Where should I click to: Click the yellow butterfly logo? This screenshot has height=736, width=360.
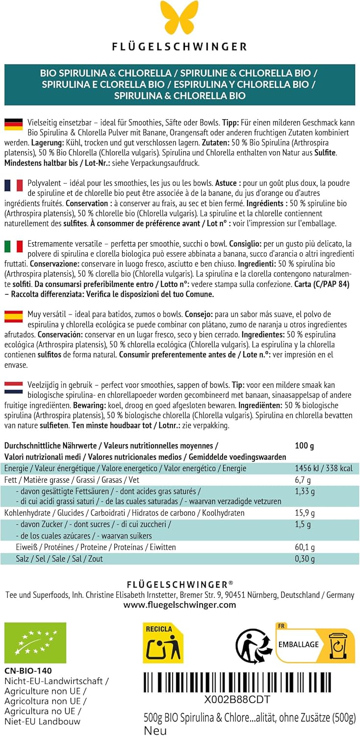click(x=180, y=18)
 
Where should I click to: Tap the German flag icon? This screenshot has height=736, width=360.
click(x=13, y=125)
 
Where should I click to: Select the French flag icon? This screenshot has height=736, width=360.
click(x=13, y=185)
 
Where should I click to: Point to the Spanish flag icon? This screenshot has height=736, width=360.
click(x=13, y=315)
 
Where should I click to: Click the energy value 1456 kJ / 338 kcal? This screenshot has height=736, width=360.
click(x=323, y=468)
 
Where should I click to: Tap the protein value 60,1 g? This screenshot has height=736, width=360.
click(x=305, y=547)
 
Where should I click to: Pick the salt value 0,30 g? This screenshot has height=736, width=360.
click(x=305, y=558)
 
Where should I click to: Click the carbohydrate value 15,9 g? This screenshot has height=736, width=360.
click(x=305, y=513)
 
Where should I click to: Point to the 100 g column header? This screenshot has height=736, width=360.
click(x=304, y=446)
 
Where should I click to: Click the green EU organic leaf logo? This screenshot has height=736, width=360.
click(x=35, y=643)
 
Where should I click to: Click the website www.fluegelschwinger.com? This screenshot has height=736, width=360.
click(x=180, y=605)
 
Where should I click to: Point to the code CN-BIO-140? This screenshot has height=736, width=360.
click(x=28, y=671)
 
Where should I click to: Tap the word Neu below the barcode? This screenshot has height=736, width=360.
click(x=155, y=731)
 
